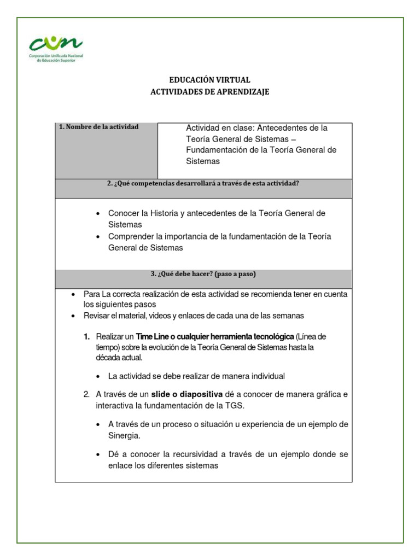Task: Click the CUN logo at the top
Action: click(56, 48)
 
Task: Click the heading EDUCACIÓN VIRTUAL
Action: click(209, 80)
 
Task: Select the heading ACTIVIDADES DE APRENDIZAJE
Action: click(209, 92)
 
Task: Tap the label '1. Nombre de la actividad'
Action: click(99, 127)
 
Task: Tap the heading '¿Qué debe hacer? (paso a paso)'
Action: click(203, 274)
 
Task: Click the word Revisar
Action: click(97, 316)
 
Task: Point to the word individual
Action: click(267, 376)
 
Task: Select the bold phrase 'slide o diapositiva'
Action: click(187, 394)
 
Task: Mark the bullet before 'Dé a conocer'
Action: click(97, 455)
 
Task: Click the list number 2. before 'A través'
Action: click(86, 394)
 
